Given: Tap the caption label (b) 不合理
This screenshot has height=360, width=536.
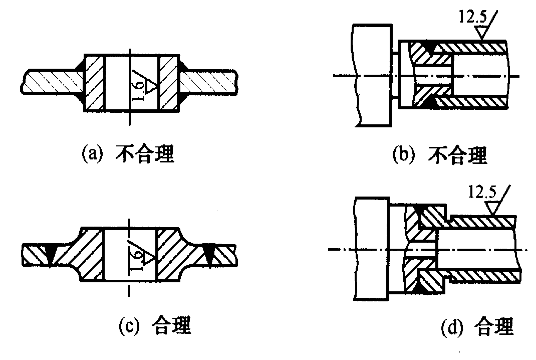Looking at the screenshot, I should click(x=439, y=155).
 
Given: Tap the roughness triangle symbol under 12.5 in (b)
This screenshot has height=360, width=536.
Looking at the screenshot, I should click(x=482, y=33).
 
